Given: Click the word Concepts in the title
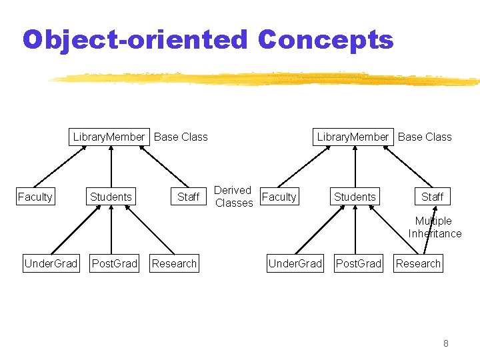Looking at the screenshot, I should [x=325, y=40].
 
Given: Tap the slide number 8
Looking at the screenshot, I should [x=446, y=343].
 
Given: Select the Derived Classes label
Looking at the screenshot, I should [x=233, y=197].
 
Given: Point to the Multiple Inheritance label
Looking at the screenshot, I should [x=435, y=227].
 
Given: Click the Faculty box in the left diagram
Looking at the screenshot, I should [x=35, y=197].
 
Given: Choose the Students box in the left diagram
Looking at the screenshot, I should [x=111, y=197].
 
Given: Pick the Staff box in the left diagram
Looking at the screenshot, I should [x=189, y=197].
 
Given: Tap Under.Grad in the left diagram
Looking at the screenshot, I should [x=51, y=263].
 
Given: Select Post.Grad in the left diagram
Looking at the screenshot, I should [x=115, y=263].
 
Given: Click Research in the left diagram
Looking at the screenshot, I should [x=174, y=263].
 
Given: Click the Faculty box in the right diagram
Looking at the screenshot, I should [x=279, y=197].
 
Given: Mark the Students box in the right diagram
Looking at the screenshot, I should [x=355, y=197].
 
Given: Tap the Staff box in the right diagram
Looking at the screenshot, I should [x=433, y=197].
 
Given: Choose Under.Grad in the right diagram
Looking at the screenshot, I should [x=295, y=263].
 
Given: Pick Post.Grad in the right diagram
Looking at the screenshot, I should [x=359, y=263].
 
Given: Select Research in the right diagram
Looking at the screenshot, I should [x=418, y=263].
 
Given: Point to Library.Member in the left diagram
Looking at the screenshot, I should [x=109, y=137].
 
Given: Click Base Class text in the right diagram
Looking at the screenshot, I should [x=425, y=137].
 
